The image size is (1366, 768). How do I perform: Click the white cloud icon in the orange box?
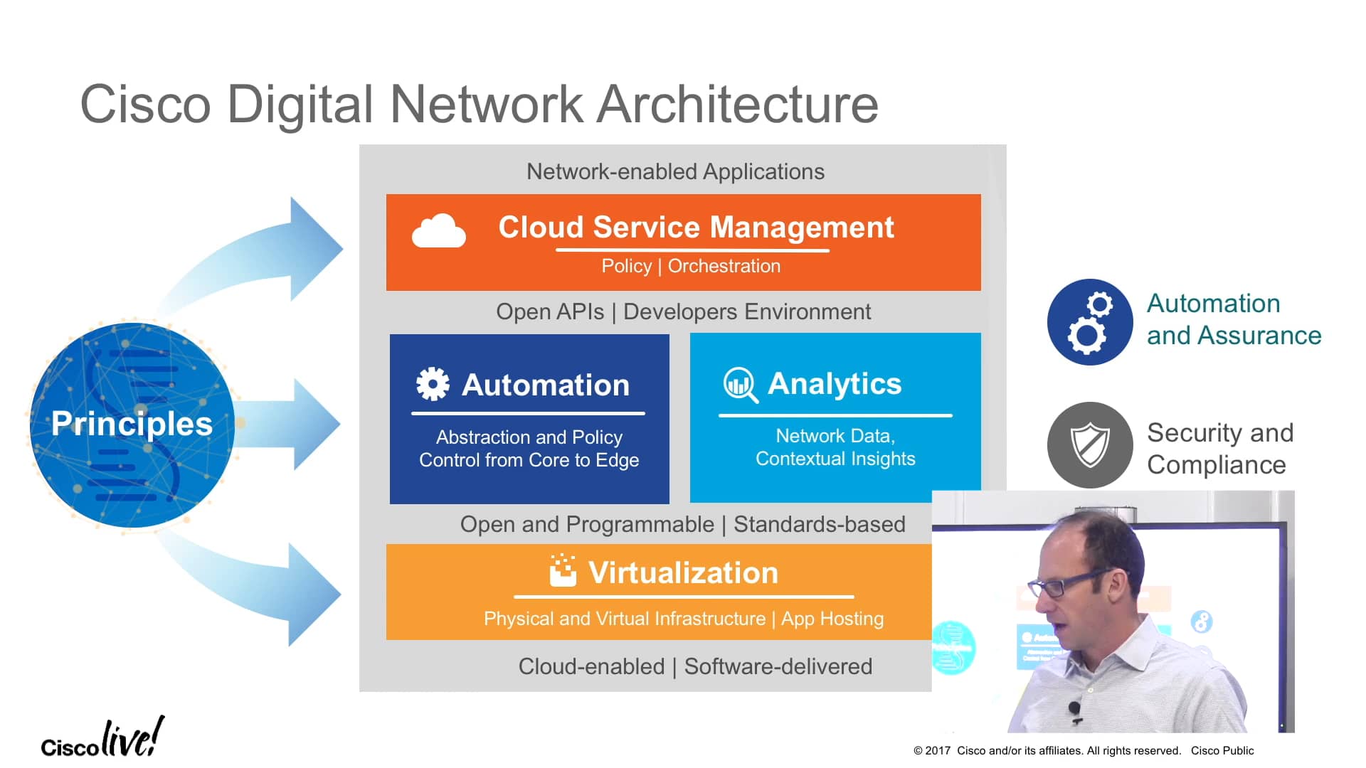click(438, 231)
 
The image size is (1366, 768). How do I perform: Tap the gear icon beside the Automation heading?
click(433, 384)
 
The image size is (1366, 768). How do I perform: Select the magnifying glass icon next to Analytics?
click(740, 385)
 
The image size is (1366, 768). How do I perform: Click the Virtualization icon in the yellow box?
click(563, 571)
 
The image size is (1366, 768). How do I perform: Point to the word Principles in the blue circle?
click(132, 424)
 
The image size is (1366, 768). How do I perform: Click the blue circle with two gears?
click(1089, 322)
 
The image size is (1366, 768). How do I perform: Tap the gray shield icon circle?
click(1089, 445)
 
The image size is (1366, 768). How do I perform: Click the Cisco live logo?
click(102, 739)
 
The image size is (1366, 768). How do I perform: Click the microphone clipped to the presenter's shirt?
click(1074, 708)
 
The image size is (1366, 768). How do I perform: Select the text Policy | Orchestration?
click(691, 266)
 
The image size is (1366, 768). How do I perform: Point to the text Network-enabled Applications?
click(675, 171)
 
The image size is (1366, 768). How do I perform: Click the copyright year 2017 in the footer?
click(937, 751)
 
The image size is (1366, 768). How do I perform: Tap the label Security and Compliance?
click(1219, 449)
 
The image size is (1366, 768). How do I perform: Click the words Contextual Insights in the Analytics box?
click(835, 459)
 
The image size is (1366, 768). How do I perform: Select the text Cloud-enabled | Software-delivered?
click(695, 666)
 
